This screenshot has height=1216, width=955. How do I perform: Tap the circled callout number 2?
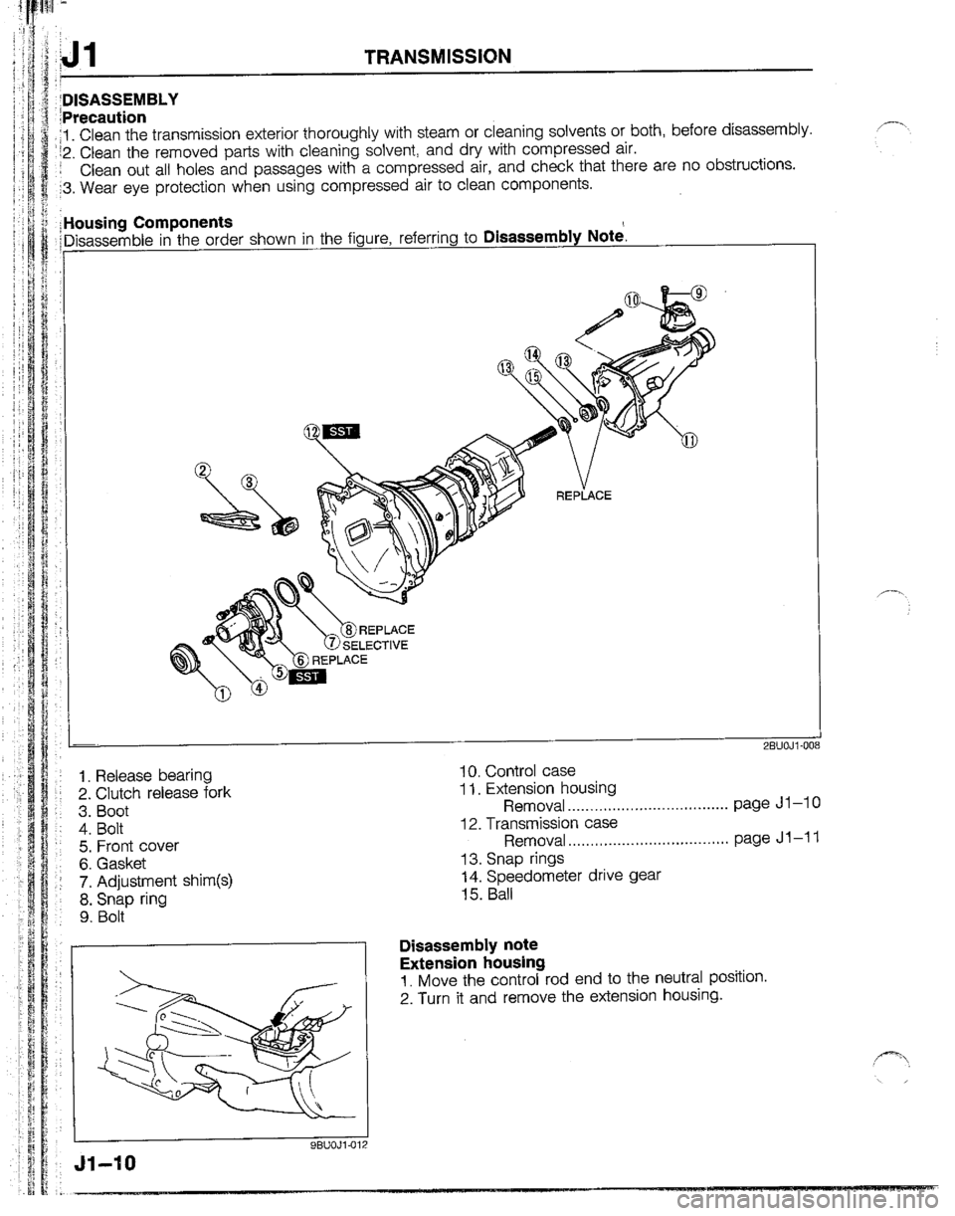click(206, 470)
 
